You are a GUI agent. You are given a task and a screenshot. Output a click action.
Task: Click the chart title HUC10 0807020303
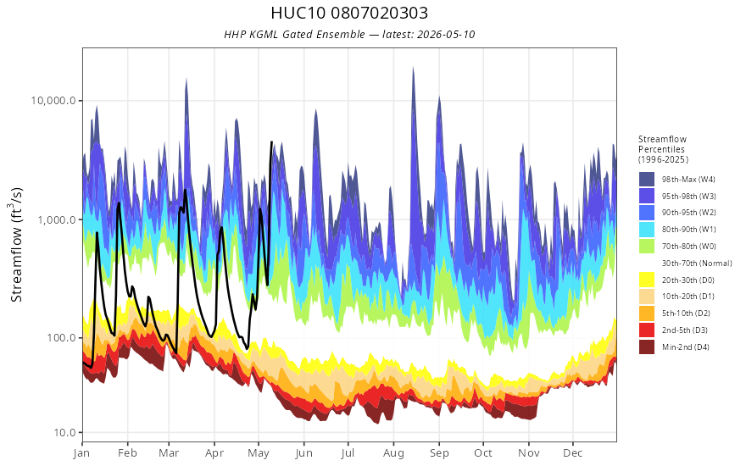(x=349, y=13)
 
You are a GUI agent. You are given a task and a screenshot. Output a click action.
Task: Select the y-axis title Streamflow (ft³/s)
(x=17, y=244)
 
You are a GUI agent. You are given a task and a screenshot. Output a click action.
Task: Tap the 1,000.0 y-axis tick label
(x=56, y=219)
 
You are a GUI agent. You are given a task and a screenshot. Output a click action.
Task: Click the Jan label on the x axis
(x=82, y=453)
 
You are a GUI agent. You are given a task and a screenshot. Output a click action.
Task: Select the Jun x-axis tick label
(x=303, y=453)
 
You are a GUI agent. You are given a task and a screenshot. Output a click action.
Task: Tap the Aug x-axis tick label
(x=393, y=453)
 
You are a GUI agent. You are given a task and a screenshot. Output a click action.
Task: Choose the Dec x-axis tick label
(x=573, y=453)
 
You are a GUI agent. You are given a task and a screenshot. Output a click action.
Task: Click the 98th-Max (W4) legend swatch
(x=647, y=180)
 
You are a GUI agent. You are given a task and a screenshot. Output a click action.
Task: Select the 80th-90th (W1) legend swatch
(x=647, y=230)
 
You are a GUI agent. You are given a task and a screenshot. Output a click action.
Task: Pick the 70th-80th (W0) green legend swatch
(x=647, y=247)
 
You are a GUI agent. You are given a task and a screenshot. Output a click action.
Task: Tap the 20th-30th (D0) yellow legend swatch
(x=647, y=280)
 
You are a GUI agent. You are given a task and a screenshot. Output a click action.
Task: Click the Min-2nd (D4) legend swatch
(x=647, y=347)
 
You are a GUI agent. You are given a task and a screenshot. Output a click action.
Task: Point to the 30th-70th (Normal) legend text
(x=697, y=263)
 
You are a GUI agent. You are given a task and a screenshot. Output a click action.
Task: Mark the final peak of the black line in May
(x=271, y=141)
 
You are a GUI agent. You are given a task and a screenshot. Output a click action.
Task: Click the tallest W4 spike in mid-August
(x=413, y=68)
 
